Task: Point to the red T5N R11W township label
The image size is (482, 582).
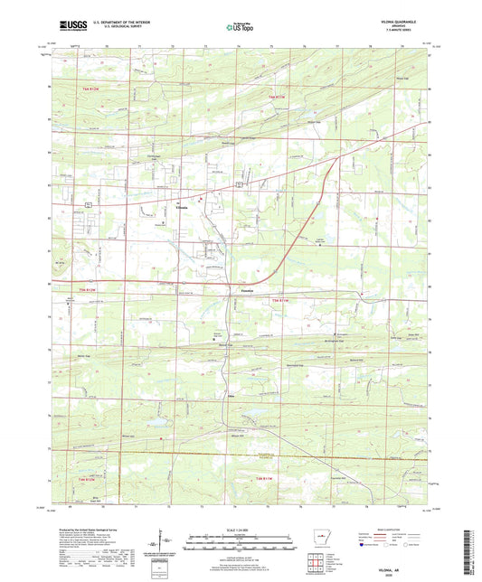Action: pos(282,300)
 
